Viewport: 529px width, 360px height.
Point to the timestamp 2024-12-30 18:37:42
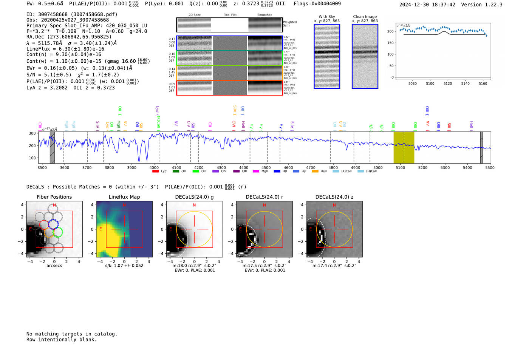[x=427, y=5]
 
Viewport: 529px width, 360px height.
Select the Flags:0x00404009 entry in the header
[x=317, y=3]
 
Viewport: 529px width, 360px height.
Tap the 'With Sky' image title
[x=326, y=17]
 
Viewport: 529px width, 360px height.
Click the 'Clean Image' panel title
[x=365, y=17]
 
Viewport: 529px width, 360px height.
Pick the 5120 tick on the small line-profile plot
[x=447, y=83]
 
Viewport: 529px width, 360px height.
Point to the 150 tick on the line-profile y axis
[x=390, y=43]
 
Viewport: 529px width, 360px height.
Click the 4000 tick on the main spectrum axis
[x=154, y=168]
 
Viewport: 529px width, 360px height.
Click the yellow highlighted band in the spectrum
[x=404, y=147]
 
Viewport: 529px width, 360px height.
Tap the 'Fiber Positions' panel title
[x=54, y=197]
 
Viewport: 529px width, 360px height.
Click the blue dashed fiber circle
[x=54, y=224]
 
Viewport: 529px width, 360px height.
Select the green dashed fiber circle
[x=57, y=232]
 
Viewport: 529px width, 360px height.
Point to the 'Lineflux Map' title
[x=124, y=197]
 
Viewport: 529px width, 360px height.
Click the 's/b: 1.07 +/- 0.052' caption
[x=124, y=266]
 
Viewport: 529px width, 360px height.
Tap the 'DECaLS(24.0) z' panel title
[x=334, y=197]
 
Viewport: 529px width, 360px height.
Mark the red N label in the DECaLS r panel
[x=264, y=205]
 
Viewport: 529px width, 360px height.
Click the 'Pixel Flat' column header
[x=230, y=15]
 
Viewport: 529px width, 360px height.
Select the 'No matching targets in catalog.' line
[x=72, y=334]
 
